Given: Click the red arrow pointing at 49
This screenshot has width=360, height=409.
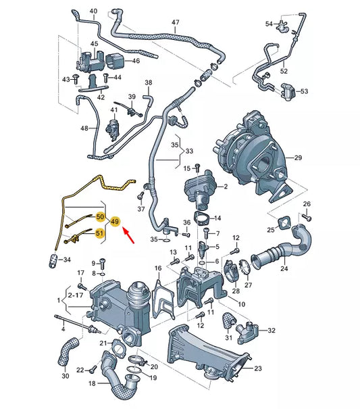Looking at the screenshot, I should click(129, 236).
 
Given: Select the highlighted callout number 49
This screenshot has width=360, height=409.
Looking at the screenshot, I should click(115, 222).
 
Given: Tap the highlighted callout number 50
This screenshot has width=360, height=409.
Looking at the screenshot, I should click(100, 217).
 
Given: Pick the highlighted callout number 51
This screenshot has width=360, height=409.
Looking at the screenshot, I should click(100, 234).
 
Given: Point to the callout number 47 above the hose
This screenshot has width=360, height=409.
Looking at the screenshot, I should click(175, 23).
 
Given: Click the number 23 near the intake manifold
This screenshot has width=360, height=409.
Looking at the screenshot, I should click(258, 368).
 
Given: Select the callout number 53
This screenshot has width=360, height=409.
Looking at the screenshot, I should click(303, 91).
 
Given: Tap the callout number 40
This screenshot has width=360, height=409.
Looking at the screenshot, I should click(93, 11).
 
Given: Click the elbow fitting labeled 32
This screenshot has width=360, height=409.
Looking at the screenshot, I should click(251, 331).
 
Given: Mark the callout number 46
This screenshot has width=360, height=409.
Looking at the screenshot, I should click(135, 61).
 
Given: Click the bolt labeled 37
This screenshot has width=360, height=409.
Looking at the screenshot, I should click(140, 197).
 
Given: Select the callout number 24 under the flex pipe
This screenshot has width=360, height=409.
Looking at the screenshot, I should click(284, 268).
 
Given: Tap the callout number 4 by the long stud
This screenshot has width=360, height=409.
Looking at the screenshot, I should click(63, 329).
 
